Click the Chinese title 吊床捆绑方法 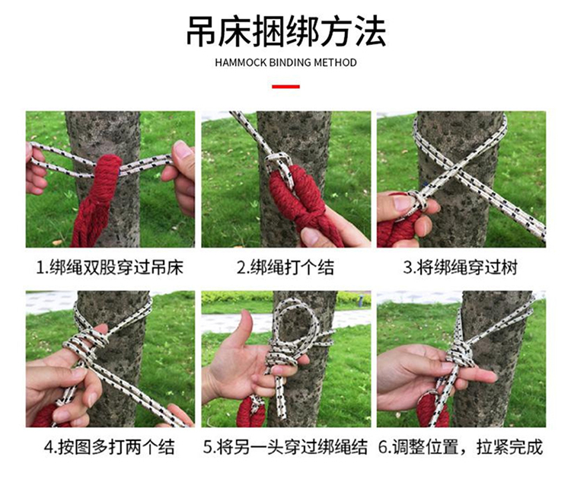pos(285,32)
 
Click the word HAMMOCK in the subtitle pos(241,62)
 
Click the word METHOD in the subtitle pos(335,62)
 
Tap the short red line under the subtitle pos(285,87)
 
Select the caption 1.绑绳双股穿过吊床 pos(110,267)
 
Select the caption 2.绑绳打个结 pos(285,267)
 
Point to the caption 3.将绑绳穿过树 pos(461,267)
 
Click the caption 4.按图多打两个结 pos(110,447)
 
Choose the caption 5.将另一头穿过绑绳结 pos(285,447)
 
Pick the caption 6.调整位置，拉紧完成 pos(461,447)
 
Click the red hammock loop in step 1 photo pos(106,171)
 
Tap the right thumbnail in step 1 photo pos(182,149)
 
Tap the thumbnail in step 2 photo pos(311,236)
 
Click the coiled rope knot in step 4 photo pos(85,343)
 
